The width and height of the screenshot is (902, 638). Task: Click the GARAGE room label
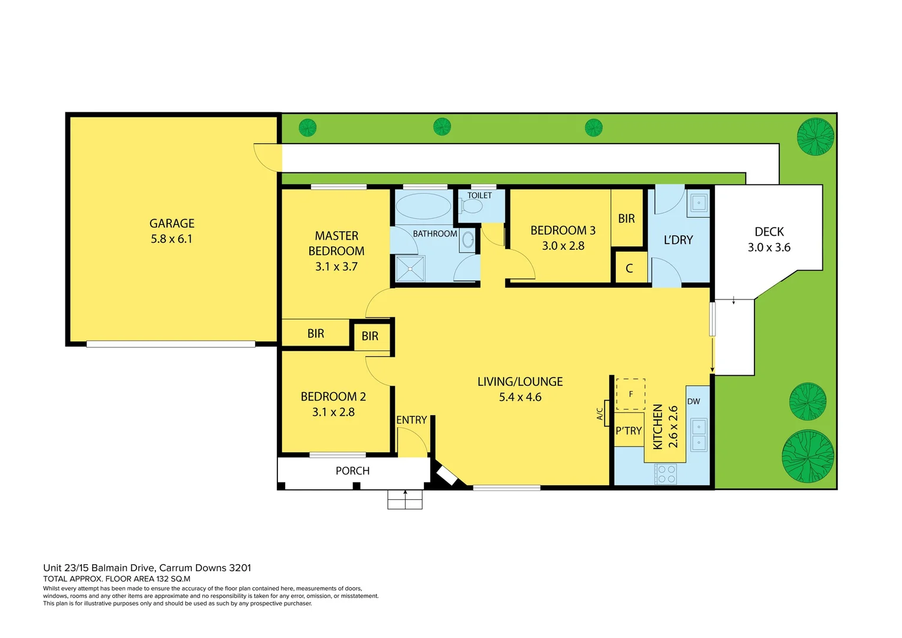172,223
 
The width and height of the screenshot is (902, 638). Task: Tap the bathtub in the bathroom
423,207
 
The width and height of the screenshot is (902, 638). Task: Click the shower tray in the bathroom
410,269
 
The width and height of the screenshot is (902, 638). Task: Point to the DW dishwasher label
694,402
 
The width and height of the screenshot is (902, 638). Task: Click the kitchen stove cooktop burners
666,474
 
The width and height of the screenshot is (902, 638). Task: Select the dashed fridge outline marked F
630,394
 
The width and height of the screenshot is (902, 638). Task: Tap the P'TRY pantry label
628,431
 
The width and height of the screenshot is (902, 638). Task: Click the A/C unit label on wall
600,414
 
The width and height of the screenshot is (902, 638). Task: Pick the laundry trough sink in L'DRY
698,203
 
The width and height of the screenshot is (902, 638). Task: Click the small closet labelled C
629,268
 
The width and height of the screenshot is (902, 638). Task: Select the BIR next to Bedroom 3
626,219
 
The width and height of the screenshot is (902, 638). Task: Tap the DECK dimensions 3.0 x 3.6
769,248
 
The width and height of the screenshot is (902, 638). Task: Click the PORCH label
352,471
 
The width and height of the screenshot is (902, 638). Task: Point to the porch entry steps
405,500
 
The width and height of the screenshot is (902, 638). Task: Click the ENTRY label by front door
411,420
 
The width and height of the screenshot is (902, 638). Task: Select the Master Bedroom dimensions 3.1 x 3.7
336,266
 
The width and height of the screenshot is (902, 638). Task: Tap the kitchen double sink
699,435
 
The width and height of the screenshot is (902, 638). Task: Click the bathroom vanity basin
468,240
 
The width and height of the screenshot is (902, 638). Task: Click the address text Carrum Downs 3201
205,568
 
